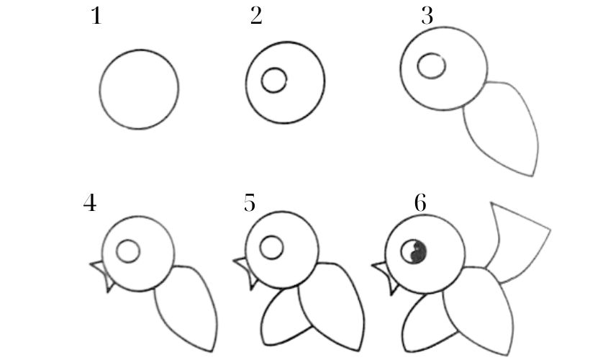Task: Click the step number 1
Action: [x=96, y=17]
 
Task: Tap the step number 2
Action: [x=256, y=17]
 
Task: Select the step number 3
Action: [x=427, y=17]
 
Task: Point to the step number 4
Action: [x=90, y=202]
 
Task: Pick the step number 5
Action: [x=250, y=202]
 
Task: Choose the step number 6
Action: [x=420, y=202]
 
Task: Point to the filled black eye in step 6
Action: [x=413, y=252]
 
